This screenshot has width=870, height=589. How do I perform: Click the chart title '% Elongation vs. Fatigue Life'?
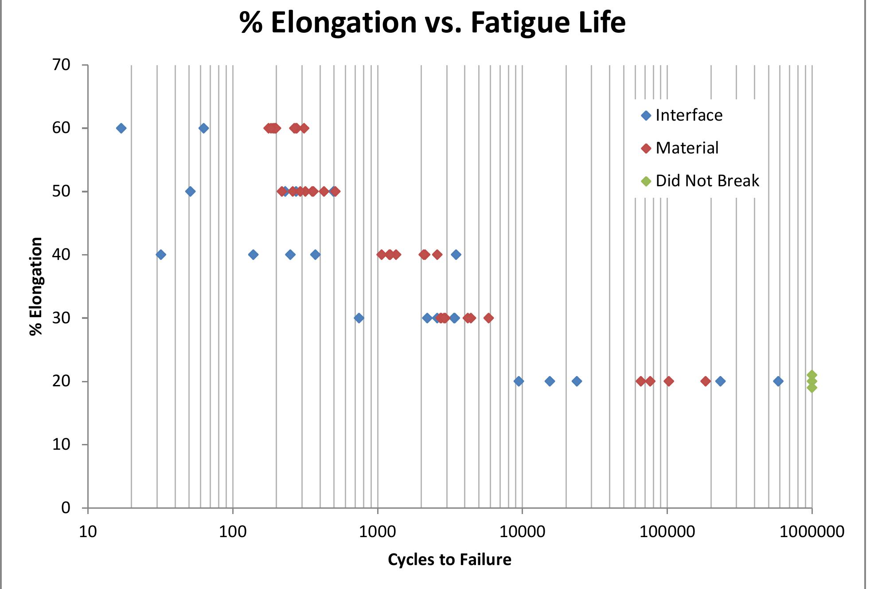tap(432, 22)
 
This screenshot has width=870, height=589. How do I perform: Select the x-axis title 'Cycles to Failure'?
tap(449, 559)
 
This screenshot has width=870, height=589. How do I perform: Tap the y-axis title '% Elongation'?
tap(35, 286)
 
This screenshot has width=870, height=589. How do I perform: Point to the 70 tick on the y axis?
tap(61, 65)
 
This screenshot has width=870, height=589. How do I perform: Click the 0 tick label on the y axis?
tap(66, 507)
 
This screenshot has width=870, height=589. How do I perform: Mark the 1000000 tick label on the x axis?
tap(811, 531)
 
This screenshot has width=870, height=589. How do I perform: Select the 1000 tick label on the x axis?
tap(377, 531)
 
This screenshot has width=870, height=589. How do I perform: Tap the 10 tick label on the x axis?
tap(88, 531)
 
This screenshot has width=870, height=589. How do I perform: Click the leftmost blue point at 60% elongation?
tap(121, 128)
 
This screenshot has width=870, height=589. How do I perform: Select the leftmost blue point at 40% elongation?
tap(161, 255)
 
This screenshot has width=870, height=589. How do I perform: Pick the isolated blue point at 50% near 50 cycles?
tap(190, 192)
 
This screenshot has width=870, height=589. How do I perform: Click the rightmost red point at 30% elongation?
tap(488, 318)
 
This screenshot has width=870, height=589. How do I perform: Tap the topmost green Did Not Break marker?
tap(811, 375)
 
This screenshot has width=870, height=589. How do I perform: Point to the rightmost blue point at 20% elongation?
tap(778, 381)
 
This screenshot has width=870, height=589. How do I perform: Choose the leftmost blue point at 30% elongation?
tap(359, 318)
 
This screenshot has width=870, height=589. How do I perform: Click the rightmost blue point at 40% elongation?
tap(456, 255)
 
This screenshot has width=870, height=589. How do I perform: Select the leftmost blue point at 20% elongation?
tap(519, 381)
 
